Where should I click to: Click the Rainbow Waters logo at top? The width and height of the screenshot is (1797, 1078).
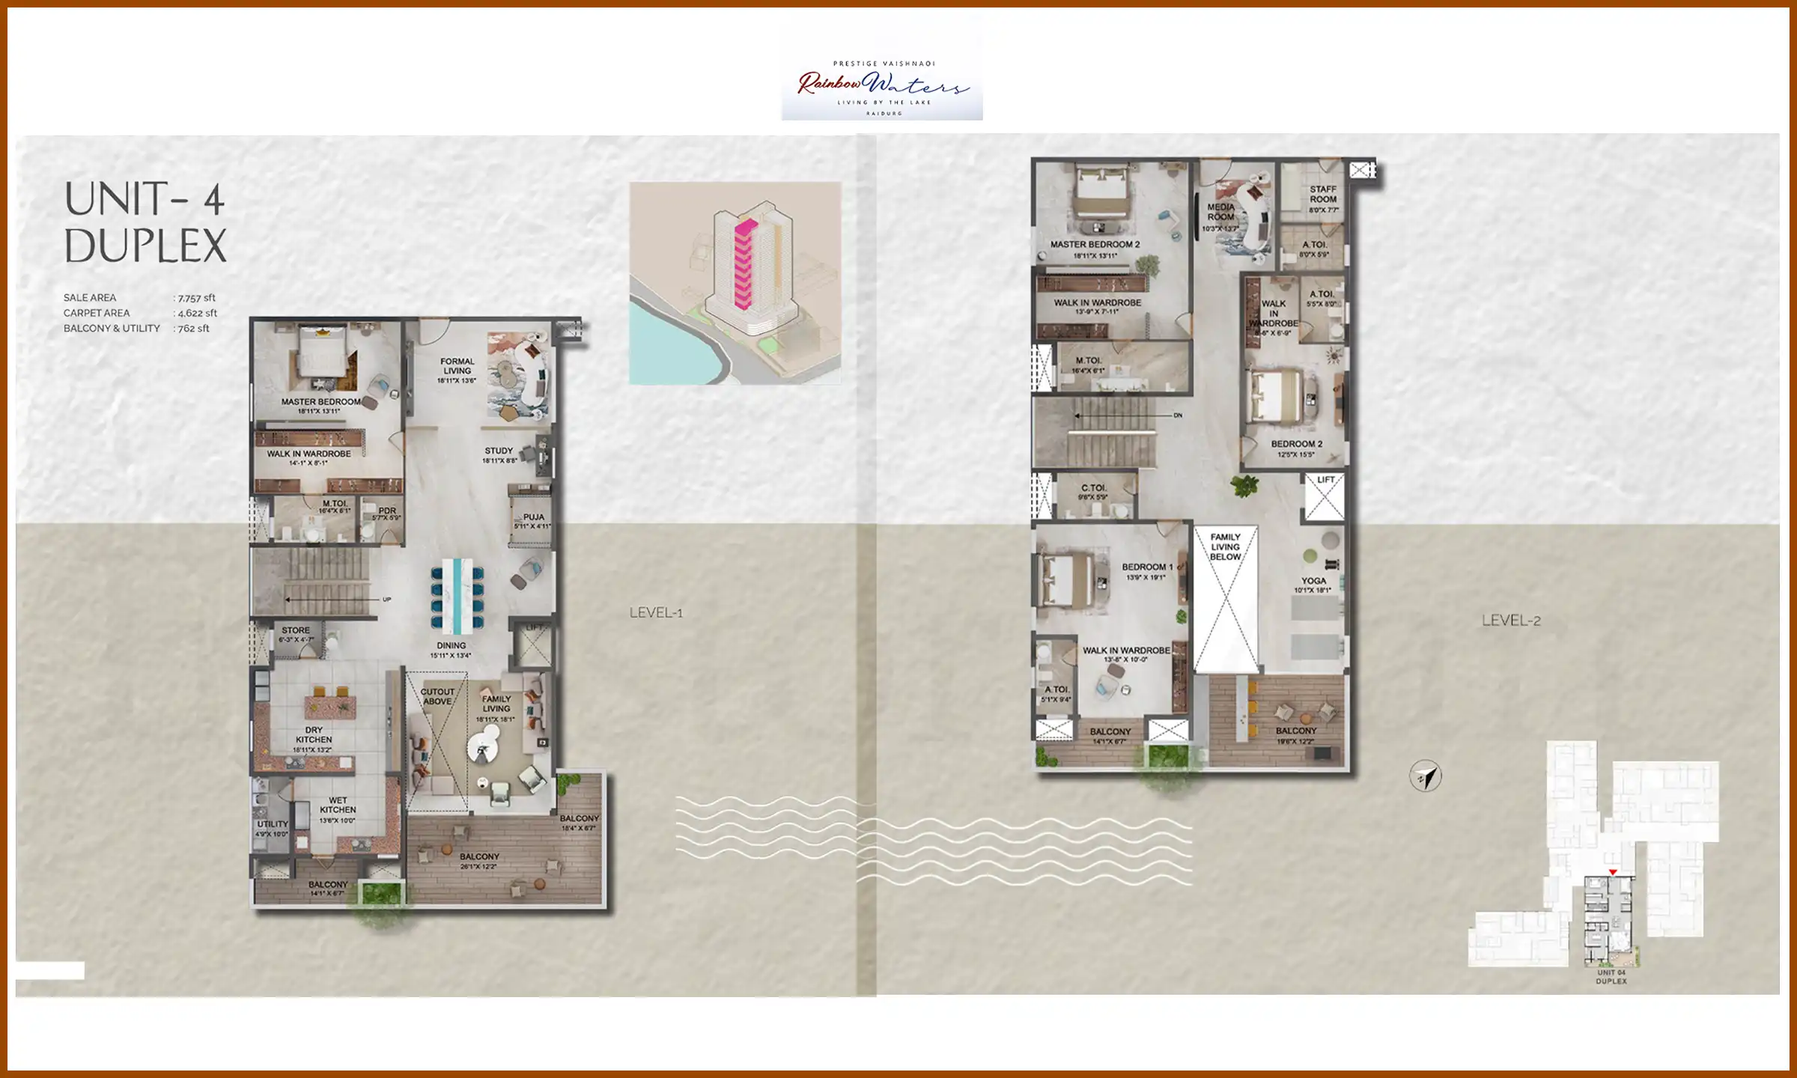click(x=882, y=88)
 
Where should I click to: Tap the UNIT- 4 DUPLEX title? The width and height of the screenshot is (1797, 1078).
click(x=145, y=222)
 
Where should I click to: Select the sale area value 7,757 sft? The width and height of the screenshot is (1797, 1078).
click(x=196, y=298)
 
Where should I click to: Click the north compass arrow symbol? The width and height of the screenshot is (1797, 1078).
click(x=1425, y=776)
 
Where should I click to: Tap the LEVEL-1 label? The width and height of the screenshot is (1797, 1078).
click(x=656, y=613)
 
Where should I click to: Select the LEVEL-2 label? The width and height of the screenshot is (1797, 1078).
click(x=1511, y=621)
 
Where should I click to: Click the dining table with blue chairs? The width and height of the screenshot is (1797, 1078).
click(x=457, y=594)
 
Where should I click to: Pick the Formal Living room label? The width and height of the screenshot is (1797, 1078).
click(x=457, y=366)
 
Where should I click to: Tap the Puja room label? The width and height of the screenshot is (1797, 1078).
click(x=533, y=517)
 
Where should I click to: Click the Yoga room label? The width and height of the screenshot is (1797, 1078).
click(x=1313, y=582)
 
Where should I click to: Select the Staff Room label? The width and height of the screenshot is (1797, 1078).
click(x=1323, y=195)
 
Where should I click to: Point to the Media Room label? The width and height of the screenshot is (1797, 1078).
click(x=1220, y=212)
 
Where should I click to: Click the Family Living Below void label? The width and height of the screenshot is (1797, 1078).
click(x=1225, y=547)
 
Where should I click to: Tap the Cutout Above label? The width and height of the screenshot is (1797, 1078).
click(x=437, y=696)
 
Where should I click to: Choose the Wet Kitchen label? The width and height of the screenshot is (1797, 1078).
click(x=338, y=805)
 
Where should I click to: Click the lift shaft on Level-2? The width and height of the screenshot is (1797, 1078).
click(x=1324, y=496)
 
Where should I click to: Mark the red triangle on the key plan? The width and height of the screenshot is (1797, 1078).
click(x=1613, y=872)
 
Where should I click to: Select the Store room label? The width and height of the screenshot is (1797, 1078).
click(x=295, y=631)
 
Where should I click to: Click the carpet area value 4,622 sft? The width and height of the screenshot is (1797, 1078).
click(x=197, y=314)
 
